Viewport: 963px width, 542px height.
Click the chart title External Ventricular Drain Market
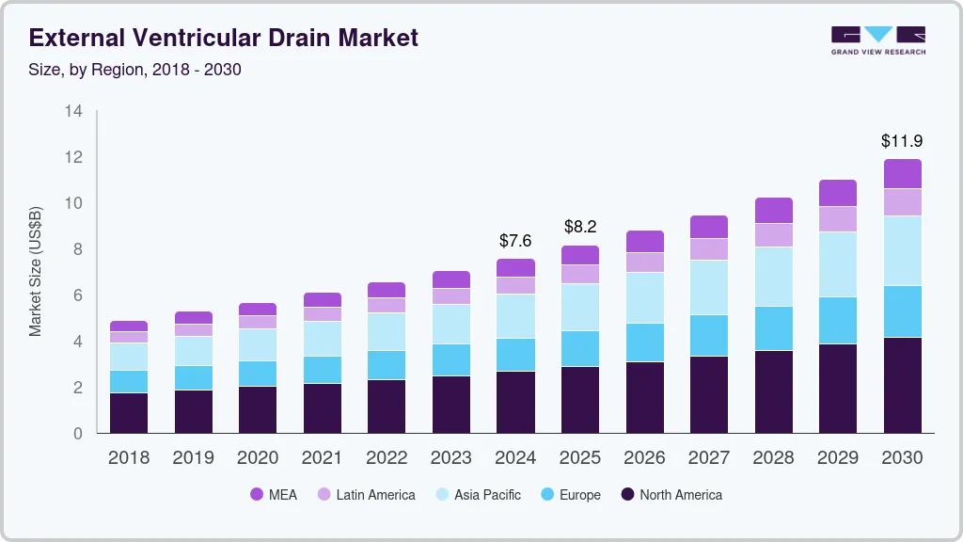coord(224,38)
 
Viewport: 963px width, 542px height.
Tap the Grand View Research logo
coord(877,40)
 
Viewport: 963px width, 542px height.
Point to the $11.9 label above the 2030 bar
coord(902,141)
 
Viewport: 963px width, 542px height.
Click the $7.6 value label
coord(515,241)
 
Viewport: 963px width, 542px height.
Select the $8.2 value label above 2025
coord(580,227)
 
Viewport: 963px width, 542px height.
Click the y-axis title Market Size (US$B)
coord(36,272)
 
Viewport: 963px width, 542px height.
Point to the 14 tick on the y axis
coord(73,111)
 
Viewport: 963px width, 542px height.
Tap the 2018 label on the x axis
coord(128,458)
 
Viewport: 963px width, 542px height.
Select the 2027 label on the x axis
coord(709,458)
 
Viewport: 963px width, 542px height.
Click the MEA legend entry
coord(274,495)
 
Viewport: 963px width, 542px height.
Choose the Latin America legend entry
coord(366,495)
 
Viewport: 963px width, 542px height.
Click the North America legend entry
coord(671,495)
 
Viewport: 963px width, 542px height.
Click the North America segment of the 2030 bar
coord(902,385)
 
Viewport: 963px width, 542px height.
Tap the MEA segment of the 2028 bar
coord(773,210)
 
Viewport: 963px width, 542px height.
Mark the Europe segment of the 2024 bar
coord(515,355)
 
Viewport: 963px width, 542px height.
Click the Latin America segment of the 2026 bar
coord(644,263)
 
